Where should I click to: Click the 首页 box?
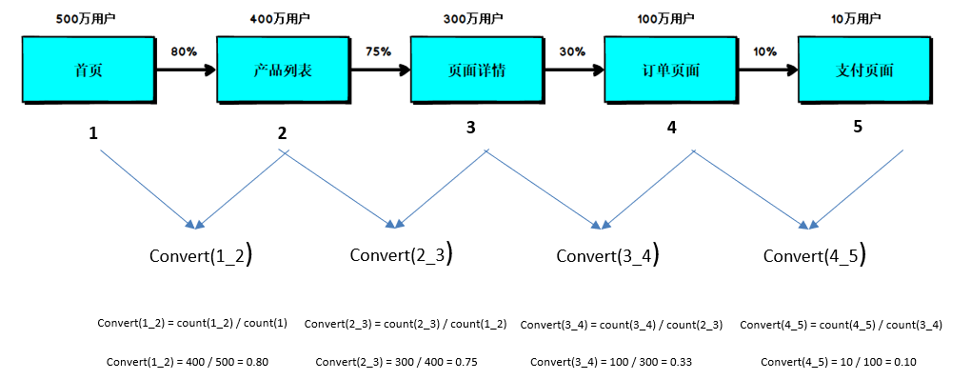[x=88, y=70]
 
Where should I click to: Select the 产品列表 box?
[x=282, y=70]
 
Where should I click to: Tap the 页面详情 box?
[x=475, y=70]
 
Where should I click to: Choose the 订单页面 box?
[x=669, y=70]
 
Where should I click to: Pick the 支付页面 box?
[x=864, y=70]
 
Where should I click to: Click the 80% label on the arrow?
[x=184, y=51]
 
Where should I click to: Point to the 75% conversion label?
[x=378, y=51]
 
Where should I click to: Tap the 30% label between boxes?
[x=572, y=51]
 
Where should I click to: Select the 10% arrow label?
[x=765, y=51]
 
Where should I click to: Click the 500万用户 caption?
[x=87, y=18]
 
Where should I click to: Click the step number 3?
[x=471, y=128]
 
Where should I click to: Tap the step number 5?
[x=858, y=128]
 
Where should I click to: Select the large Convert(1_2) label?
[x=201, y=255]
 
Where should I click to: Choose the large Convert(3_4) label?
[x=607, y=255]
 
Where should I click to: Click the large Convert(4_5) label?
[x=814, y=255]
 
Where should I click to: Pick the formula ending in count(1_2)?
[x=405, y=325]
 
